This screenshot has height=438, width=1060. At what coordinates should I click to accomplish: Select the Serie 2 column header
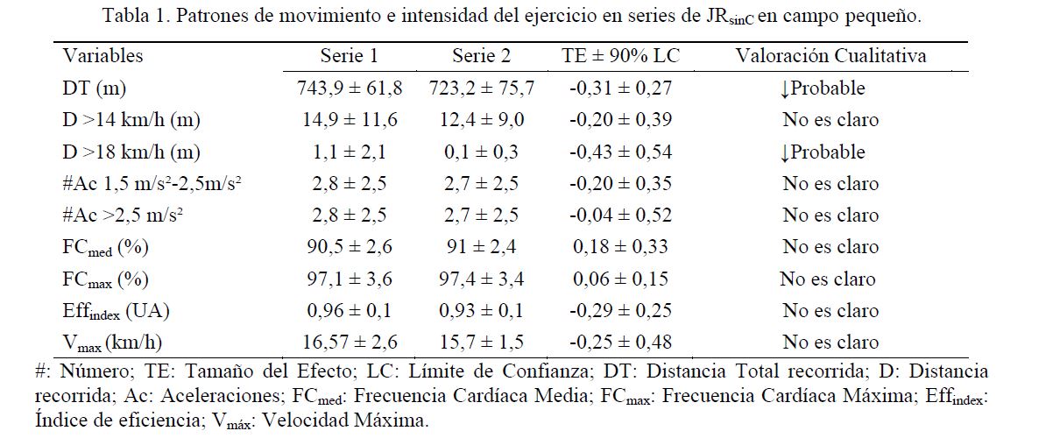point(481,56)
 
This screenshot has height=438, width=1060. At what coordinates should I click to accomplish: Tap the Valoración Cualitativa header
point(830,56)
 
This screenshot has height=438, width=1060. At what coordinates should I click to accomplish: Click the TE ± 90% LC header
point(620,56)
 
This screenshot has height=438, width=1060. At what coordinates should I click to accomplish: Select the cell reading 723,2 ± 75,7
point(481,88)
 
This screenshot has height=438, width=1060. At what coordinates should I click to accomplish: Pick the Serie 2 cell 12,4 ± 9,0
point(481,120)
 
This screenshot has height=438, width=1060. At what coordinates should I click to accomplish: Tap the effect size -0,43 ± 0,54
point(620,152)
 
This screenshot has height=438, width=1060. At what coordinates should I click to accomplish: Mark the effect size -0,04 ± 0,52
point(620,215)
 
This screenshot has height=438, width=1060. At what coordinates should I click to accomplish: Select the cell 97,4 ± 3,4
point(481,279)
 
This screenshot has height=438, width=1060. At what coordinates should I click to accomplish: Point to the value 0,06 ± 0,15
point(620,279)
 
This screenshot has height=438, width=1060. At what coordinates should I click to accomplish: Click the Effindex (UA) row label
point(114,311)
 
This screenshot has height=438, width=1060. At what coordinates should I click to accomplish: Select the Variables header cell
point(102,56)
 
